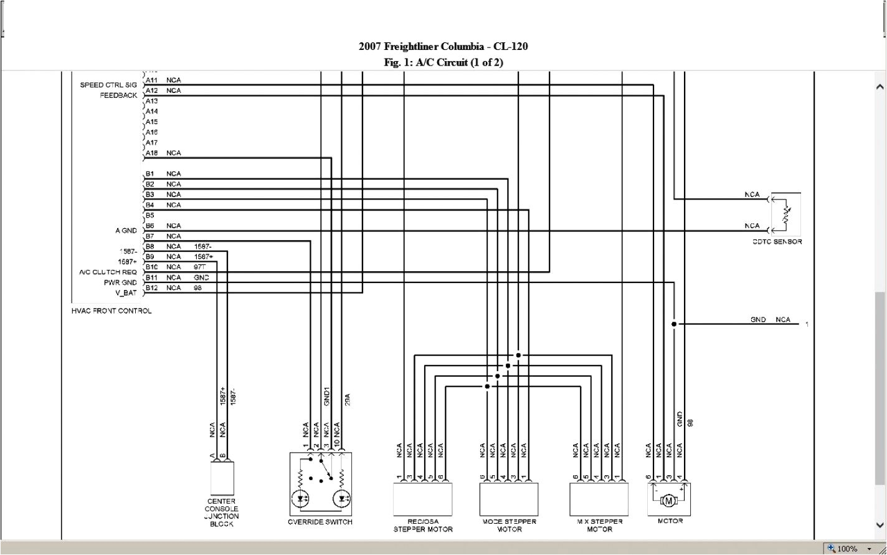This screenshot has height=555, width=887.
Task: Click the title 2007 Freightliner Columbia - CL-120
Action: pos(443,46)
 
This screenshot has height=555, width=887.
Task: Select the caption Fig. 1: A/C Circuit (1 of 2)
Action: pos(443,62)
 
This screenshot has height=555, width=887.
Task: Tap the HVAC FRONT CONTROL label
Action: pos(111,311)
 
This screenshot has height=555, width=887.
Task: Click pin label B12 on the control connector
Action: pos(150,288)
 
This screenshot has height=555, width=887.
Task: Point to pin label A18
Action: pos(151,153)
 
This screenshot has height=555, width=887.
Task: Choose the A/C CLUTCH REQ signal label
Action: pos(107,272)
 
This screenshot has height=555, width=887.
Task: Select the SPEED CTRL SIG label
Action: pos(108,85)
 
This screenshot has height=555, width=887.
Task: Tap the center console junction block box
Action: pos(222,478)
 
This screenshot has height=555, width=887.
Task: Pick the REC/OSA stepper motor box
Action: pos(422,498)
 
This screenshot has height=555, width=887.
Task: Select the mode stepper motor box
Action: pos(509,498)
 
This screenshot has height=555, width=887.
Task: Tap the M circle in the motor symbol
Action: pos(669,500)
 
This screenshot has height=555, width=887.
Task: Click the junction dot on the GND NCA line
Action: pos(673,324)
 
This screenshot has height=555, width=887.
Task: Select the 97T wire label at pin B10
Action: pos(200,267)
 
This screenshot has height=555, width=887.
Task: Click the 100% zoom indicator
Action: pos(847,549)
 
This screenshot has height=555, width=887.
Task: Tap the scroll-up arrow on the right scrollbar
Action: pos(880,87)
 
